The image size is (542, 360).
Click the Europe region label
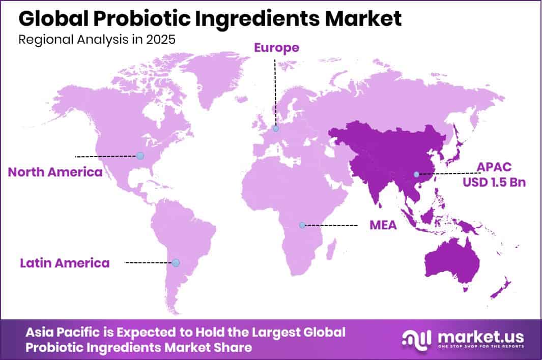tap(276, 48)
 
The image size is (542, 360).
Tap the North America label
tap(55, 172)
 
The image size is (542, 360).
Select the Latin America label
tap(65, 263)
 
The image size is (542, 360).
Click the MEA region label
tap(383, 225)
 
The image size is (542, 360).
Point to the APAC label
tap(494, 167)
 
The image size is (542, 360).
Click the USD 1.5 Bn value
tap(494, 183)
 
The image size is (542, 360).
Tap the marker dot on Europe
tap(276, 129)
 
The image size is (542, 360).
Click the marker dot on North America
tap(140, 156)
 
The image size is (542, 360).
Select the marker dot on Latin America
tap(176, 263)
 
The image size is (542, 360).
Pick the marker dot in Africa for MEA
tap(302, 225)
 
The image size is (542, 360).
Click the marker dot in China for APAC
tap(416, 174)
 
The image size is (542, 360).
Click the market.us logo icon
tap(416, 338)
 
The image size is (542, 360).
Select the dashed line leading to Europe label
tap(275, 92)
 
